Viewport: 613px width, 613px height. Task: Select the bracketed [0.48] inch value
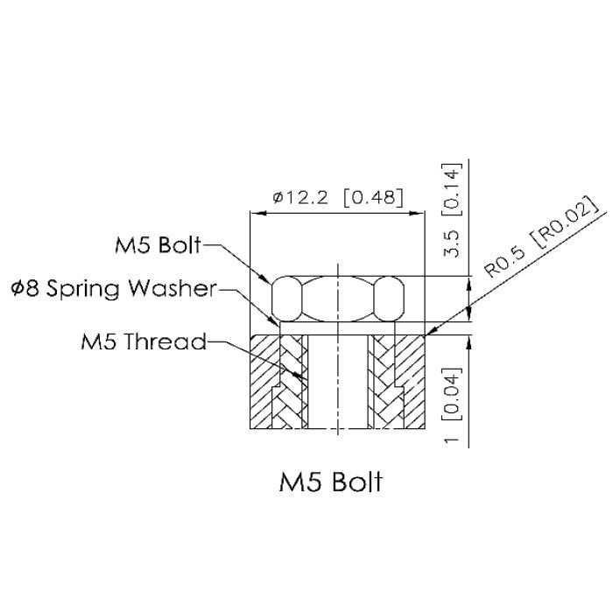point(373,197)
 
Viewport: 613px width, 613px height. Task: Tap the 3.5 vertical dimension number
point(453,243)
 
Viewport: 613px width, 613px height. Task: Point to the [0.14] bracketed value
point(452,190)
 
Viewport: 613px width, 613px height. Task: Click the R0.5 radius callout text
point(504,263)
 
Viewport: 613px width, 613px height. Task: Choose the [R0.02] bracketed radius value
point(566,221)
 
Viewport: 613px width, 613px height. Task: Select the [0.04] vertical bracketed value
point(452,394)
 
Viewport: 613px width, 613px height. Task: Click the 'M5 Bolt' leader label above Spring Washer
point(158,245)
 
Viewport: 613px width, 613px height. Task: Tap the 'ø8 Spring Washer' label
point(114,289)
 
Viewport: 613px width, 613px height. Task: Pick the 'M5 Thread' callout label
point(144,341)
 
